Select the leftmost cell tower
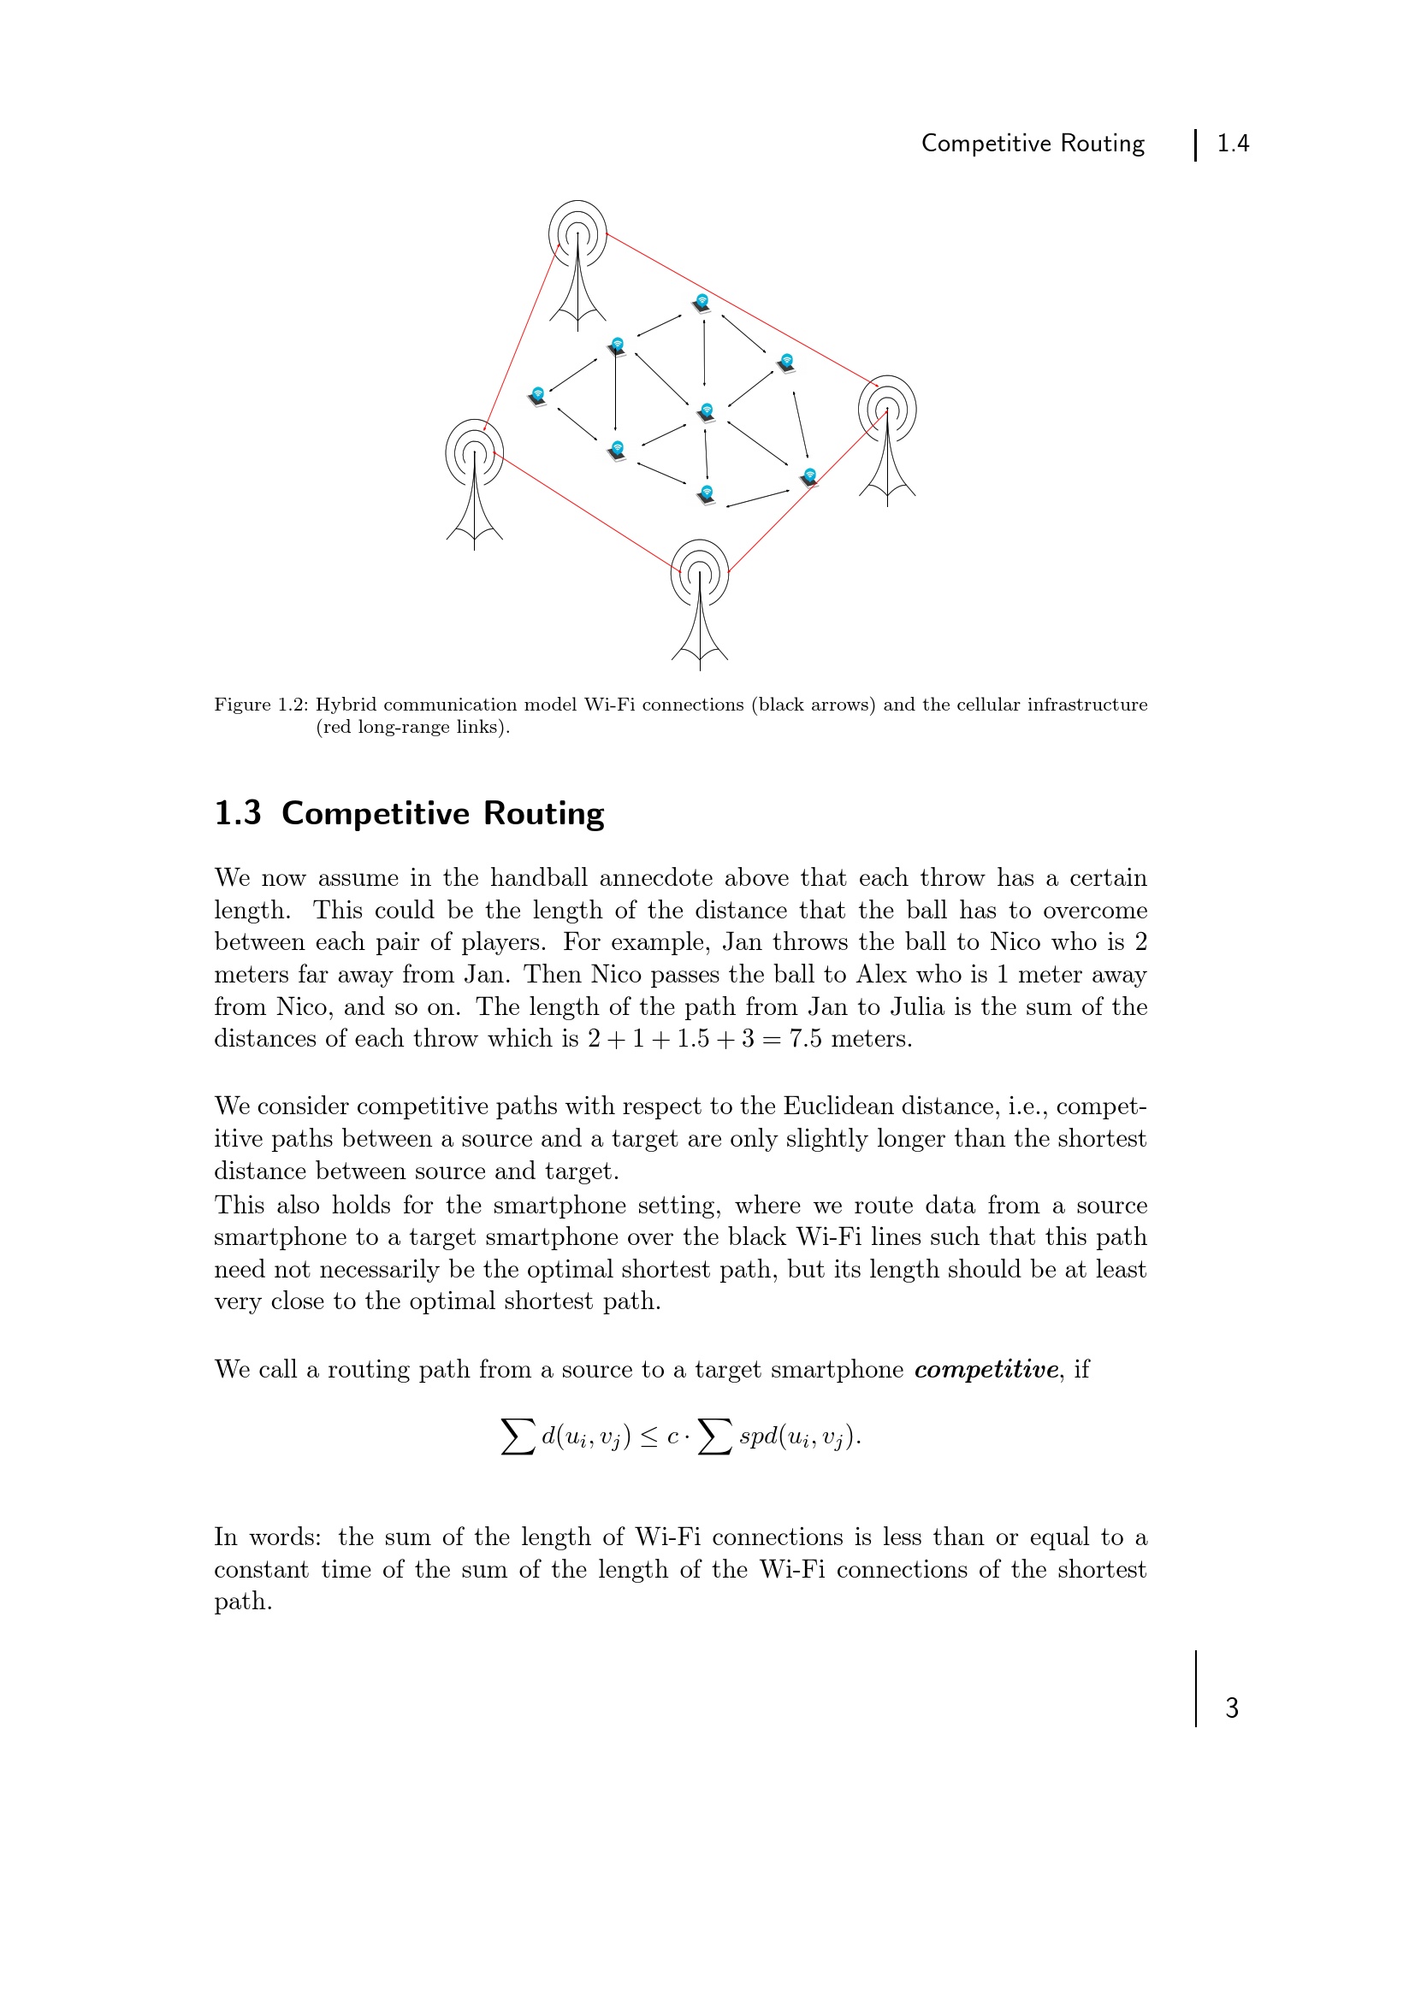pyautogui.click(x=474, y=482)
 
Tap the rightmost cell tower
pyautogui.click(x=887, y=439)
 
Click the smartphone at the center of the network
pyautogui.click(x=706, y=412)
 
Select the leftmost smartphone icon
pyautogui.click(x=537, y=397)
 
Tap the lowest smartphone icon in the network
pyautogui.click(x=707, y=495)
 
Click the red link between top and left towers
pyautogui.click(x=521, y=336)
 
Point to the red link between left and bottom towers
pyautogui.click(x=585, y=511)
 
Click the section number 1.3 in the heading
pyautogui.click(x=238, y=812)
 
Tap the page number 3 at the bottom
pyautogui.click(x=1231, y=1708)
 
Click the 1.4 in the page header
pyautogui.click(x=1232, y=143)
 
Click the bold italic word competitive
pyautogui.click(x=986, y=1369)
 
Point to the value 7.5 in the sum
pyautogui.click(x=805, y=1038)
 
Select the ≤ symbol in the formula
pyautogui.click(x=649, y=1437)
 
